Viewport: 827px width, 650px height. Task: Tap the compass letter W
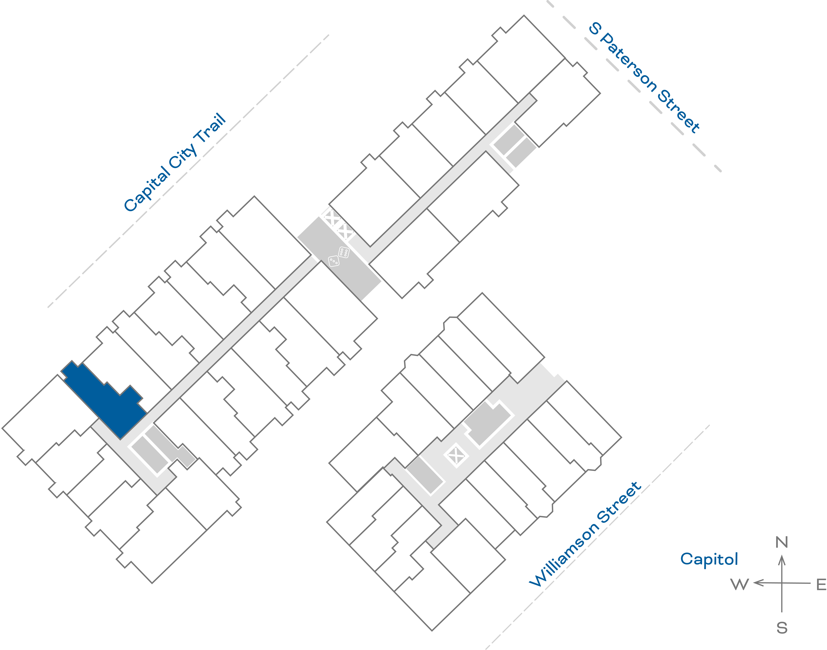(x=740, y=584)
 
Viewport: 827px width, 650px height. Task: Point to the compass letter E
(x=821, y=584)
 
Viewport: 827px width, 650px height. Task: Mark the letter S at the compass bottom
(x=782, y=628)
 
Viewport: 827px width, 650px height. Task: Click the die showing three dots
(x=333, y=261)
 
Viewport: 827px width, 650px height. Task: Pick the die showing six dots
(x=344, y=252)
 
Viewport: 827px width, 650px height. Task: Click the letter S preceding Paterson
(x=595, y=29)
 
